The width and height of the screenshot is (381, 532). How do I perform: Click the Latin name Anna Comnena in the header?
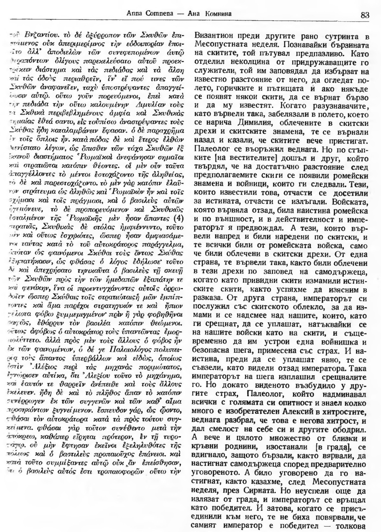[x=143, y=14]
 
